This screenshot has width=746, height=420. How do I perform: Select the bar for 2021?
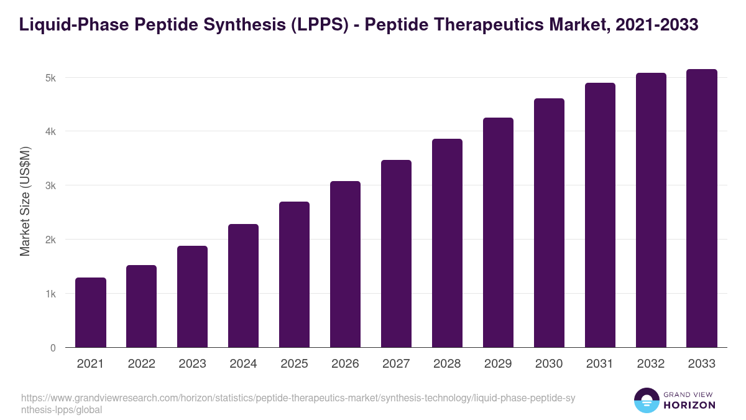pyautogui.click(x=91, y=312)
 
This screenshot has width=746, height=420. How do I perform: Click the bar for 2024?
pyautogui.click(x=243, y=286)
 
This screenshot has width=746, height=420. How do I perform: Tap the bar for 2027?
pyautogui.click(x=396, y=253)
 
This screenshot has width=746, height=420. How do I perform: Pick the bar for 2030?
pyautogui.click(x=549, y=223)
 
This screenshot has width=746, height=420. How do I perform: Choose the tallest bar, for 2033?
pyautogui.click(x=702, y=208)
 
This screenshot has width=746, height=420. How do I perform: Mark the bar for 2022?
pyautogui.click(x=142, y=306)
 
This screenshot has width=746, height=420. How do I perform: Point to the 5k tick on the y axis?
pyautogui.click(x=50, y=78)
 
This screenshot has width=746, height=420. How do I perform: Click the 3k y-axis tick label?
pyautogui.click(x=50, y=185)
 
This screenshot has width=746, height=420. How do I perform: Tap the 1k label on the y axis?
pyautogui.click(x=50, y=294)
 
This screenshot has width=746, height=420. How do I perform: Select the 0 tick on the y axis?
pyautogui.click(x=53, y=348)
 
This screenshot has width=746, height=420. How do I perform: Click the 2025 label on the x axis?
pyautogui.click(x=294, y=364)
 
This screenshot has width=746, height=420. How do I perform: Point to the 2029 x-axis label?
pyautogui.click(x=498, y=364)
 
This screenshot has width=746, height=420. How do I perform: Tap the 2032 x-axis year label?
pyautogui.click(x=651, y=364)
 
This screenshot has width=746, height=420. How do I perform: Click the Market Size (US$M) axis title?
pyautogui.click(x=25, y=200)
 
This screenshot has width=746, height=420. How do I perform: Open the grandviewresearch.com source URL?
pyautogui.click(x=298, y=403)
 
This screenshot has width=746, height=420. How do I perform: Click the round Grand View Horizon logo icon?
pyautogui.click(x=647, y=400)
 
